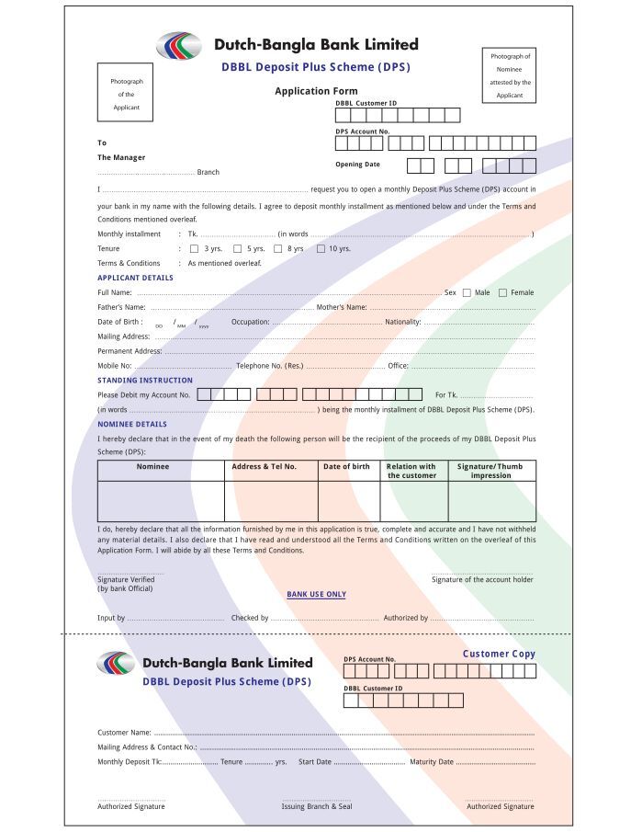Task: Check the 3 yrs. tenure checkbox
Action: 194,248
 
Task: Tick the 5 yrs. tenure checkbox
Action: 237,248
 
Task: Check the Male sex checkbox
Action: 467,292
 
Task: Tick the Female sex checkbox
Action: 502,292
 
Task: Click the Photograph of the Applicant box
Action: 126,93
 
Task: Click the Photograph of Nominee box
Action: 509,75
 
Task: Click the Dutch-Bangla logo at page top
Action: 178,45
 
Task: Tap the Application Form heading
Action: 316,91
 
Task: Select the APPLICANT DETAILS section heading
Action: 135,278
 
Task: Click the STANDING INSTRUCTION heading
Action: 145,380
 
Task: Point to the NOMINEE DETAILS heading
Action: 132,424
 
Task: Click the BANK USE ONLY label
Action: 316,595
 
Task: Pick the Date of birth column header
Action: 347,467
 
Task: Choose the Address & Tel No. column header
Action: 265,467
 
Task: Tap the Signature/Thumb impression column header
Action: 490,471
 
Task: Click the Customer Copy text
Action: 499,654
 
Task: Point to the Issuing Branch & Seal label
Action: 316,806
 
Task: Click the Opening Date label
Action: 357,165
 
